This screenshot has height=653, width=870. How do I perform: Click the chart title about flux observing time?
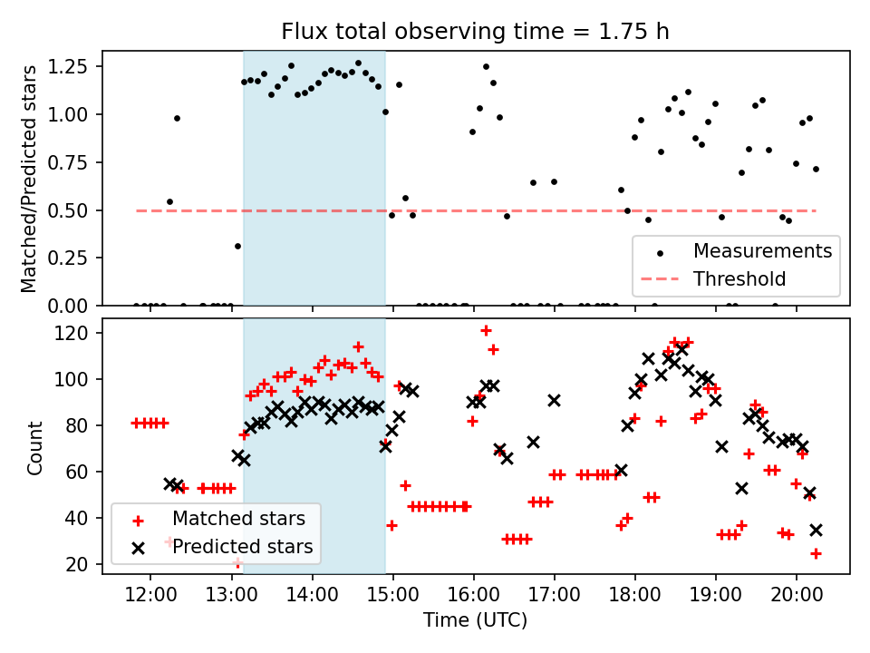pyautogui.click(x=475, y=32)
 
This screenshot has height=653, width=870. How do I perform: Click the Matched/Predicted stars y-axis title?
pyautogui.click(x=29, y=179)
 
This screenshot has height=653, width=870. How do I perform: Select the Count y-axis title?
pyautogui.click(x=34, y=447)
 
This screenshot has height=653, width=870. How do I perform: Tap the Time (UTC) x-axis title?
pyautogui.click(x=475, y=620)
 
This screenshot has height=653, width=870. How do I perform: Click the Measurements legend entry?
pyautogui.click(x=762, y=250)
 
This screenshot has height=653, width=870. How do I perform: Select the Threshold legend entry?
pyautogui.click(x=739, y=278)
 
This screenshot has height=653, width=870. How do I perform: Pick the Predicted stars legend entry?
pyautogui.click(x=242, y=547)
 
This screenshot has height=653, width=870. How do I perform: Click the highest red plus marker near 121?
pyautogui.click(x=486, y=331)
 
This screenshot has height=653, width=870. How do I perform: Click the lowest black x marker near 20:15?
pyautogui.click(x=816, y=530)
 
